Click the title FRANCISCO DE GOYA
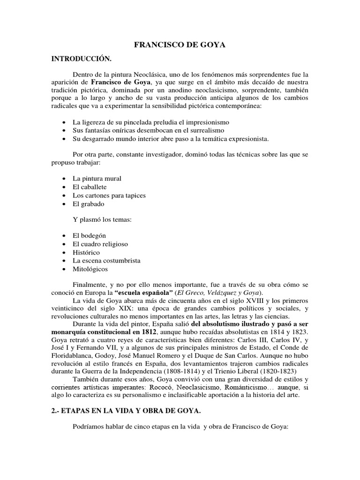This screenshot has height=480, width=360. point(180,45)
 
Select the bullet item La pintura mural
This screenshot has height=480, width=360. point(97,179)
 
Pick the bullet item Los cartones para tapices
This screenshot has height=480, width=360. point(109,195)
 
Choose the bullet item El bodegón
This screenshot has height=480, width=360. point(90,236)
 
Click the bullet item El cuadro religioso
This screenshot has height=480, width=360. point(100,244)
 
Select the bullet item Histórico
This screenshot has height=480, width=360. point(86,252)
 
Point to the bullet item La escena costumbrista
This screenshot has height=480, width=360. point(106,261)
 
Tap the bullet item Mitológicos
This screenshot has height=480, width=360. point(90,269)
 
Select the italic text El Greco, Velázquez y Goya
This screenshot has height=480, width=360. point(222,293)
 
